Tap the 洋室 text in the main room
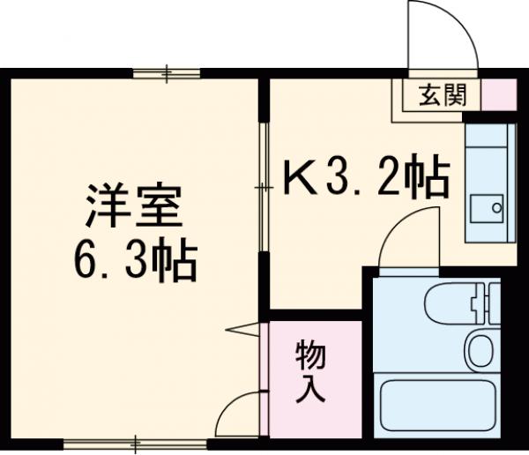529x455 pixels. click(x=132, y=207)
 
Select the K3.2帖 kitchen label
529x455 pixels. click(x=366, y=181)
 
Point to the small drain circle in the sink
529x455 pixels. click(x=495, y=209)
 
